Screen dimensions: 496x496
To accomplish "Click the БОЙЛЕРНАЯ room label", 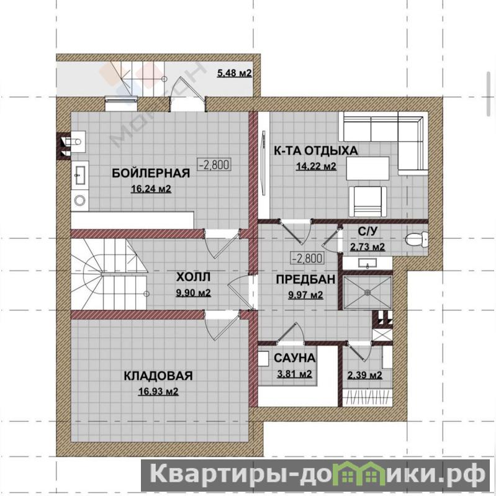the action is point(151,173).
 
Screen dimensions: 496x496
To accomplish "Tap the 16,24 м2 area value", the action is point(151,189).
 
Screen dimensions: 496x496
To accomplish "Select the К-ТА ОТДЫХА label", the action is point(316,151).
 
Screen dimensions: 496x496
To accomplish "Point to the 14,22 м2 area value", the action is point(316,166).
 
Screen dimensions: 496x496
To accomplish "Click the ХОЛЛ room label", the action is point(193,277).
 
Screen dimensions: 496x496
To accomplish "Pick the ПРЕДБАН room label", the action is point(305,279).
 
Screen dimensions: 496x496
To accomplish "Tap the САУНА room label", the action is point(294,358).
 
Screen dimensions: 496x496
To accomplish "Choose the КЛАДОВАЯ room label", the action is point(158,376).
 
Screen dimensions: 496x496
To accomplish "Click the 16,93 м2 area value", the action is point(158,392).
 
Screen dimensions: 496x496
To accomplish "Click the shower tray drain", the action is point(367,292).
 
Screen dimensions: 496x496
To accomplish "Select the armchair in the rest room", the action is point(367,201).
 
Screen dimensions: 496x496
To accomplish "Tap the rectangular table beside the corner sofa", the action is point(367,168).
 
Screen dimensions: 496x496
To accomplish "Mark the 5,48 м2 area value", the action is point(235,73).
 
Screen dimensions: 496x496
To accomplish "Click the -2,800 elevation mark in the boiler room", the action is point(214,165).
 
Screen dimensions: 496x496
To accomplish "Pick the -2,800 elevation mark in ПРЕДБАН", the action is point(307,258).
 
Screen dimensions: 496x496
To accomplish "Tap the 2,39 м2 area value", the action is point(365,376).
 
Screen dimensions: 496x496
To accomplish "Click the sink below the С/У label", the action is point(367,263).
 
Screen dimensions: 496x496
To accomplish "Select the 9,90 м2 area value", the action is point(193,293).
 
